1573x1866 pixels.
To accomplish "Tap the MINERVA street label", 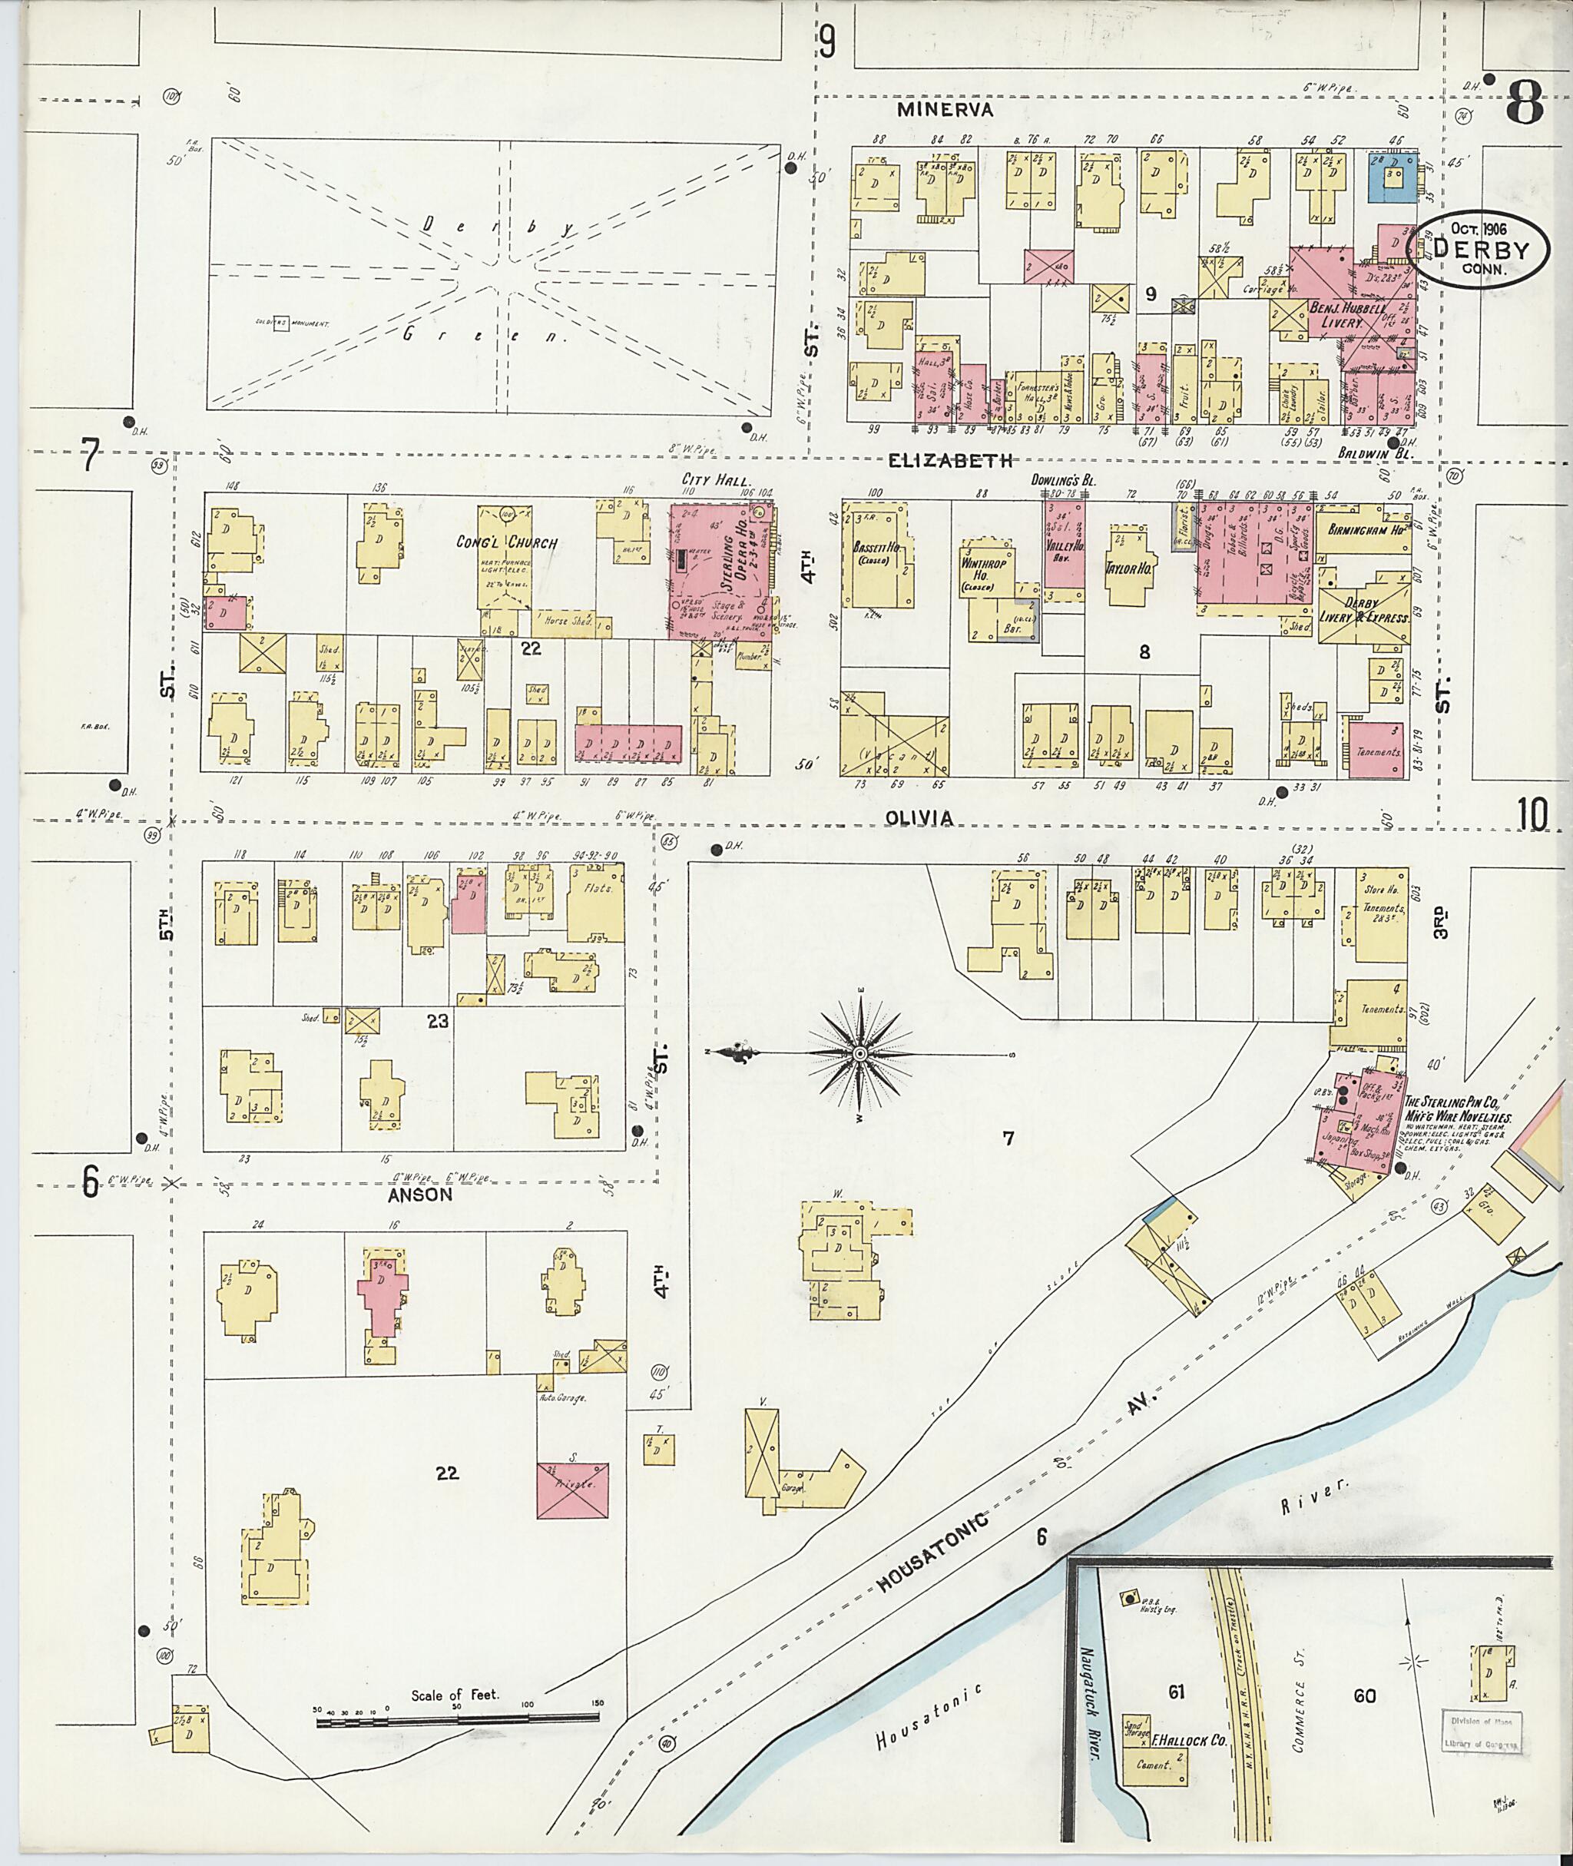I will click(x=945, y=110).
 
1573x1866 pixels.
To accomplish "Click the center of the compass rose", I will click(x=859, y=1054).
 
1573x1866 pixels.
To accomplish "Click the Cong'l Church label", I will click(x=508, y=543).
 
